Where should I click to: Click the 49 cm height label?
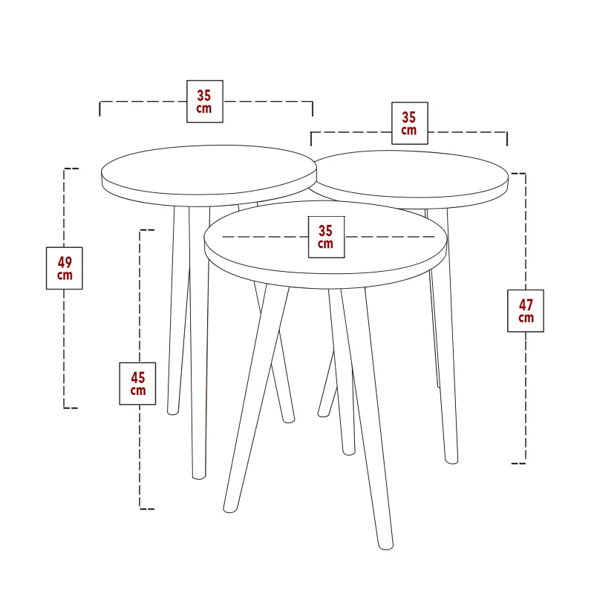[65, 268]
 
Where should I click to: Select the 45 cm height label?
[137, 383]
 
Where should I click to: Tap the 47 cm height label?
[526, 311]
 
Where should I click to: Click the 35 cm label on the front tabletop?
[326, 237]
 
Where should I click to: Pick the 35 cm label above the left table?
[205, 102]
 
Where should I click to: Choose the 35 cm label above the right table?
[410, 123]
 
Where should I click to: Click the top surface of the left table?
[209, 170]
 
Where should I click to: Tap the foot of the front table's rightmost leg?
[385, 546]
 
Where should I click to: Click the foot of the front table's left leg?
[230, 509]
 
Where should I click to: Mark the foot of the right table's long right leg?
[451, 460]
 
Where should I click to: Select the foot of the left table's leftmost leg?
[173, 411]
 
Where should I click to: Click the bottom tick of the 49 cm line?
[71, 408]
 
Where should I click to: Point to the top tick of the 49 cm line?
[71, 169]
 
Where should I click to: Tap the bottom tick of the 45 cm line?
[146, 509]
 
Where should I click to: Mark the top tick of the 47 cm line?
[518, 174]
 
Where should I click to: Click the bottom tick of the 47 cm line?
[518, 463]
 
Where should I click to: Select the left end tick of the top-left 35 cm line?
[99, 108]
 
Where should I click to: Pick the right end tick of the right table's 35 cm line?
[507, 139]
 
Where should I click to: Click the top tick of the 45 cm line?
[147, 230]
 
